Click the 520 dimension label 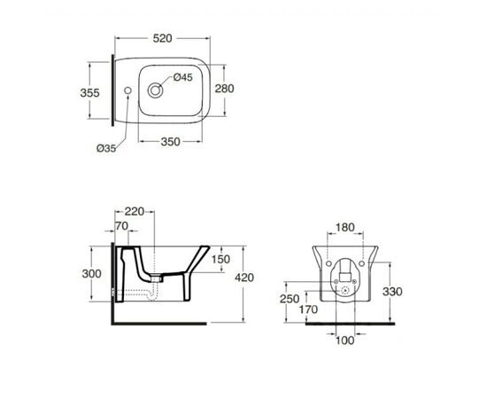pos(162,38)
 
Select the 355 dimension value pos(89,93)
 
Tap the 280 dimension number pos(224,89)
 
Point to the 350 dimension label pos(170,142)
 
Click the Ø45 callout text pos(183,77)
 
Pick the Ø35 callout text pos(106,148)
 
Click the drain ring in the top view pos(155,90)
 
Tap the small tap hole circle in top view pos(128,90)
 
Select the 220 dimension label pos(135,212)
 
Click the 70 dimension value pos(122,226)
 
